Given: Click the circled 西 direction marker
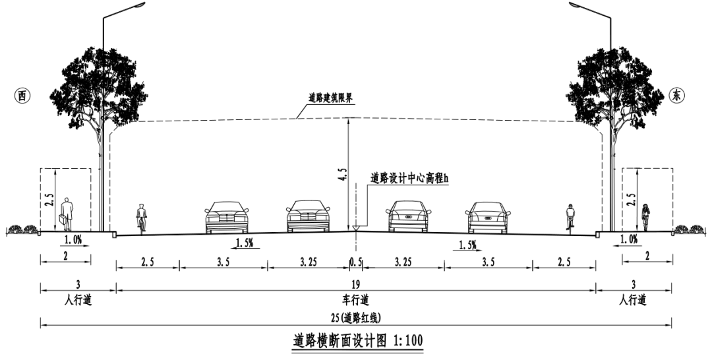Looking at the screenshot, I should pyautogui.click(x=22, y=95).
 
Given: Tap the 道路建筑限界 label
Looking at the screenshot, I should pyautogui.click(x=330, y=98).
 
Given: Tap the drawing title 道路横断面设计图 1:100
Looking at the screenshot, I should pyautogui.click(x=357, y=342).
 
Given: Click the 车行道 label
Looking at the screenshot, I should pyautogui.click(x=357, y=300).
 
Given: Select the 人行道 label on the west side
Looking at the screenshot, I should pyautogui.click(x=78, y=300).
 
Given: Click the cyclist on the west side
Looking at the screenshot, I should pyautogui.click(x=140, y=218).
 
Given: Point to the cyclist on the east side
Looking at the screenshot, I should pyautogui.click(x=570, y=217).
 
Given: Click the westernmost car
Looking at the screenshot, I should pyautogui.click(x=227, y=217).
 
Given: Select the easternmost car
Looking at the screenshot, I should pyautogui.click(x=488, y=217).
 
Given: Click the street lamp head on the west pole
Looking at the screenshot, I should pyautogui.click(x=133, y=5).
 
